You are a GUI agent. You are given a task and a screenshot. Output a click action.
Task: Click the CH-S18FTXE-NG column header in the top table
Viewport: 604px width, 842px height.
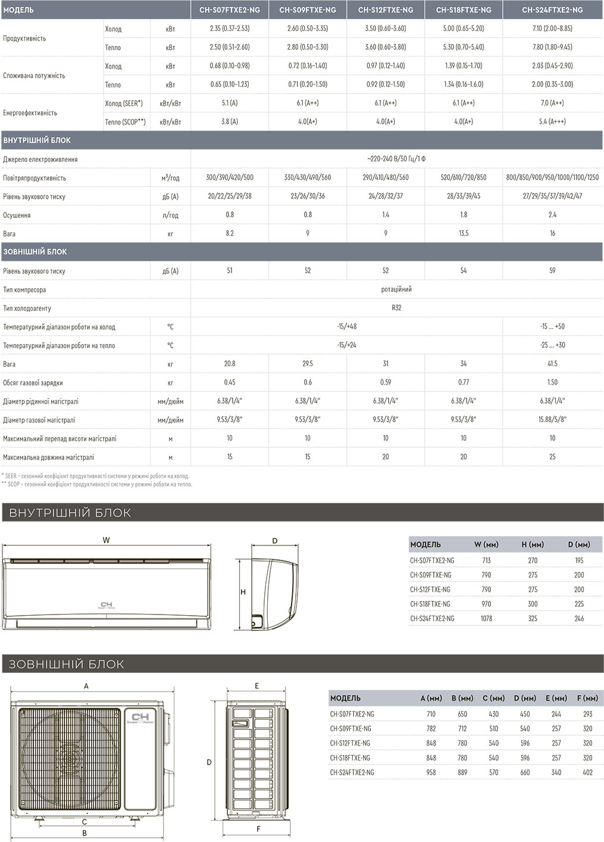point(464,10)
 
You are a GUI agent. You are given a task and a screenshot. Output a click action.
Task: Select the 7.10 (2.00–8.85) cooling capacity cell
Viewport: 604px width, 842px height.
point(552,29)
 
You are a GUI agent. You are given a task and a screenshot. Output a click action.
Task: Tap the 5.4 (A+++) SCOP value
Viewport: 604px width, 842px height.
point(552,121)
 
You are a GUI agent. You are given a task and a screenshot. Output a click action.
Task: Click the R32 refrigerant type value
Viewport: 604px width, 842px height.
point(396,308)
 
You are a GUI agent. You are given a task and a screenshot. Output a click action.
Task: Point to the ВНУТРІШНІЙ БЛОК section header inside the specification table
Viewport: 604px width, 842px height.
point(37,141)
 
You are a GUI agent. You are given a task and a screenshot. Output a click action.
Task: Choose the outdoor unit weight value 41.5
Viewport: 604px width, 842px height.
point(552,364)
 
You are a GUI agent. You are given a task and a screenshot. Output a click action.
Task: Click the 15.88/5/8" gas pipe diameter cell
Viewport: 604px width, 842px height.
point(552,420)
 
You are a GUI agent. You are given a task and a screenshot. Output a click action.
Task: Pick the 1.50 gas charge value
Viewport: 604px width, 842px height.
point(552,382)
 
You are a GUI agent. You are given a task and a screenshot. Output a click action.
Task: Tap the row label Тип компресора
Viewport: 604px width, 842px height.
point(24,290)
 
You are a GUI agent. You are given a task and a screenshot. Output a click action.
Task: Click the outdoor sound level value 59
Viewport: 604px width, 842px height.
point(552,271)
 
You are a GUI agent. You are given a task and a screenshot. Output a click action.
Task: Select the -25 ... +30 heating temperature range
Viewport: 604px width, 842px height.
point(552,345)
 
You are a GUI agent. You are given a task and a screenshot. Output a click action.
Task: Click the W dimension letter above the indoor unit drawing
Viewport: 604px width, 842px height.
point(106,541)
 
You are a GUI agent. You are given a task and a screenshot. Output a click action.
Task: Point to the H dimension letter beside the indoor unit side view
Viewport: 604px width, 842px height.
point(243,592)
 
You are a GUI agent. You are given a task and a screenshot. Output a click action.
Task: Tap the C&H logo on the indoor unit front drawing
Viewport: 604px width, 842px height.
point(107,605)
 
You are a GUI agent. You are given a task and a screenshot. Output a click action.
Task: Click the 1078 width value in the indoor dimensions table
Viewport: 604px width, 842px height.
point(486,619)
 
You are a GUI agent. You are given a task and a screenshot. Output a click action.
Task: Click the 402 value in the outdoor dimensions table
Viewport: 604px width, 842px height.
point(587,772)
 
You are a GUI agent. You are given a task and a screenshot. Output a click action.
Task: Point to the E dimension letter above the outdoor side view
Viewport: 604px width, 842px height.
point(257,686)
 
